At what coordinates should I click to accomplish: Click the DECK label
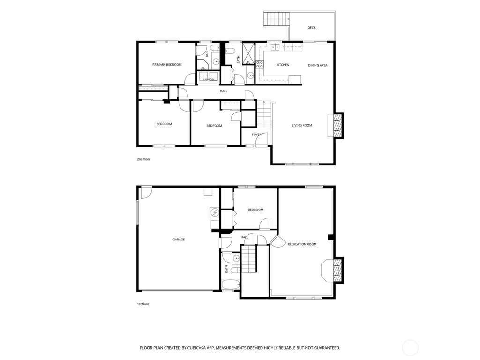click(311, 28)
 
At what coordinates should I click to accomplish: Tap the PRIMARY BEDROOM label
click(167, 65)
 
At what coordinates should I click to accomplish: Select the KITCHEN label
click(283, 65)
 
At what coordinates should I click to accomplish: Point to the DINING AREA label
click(317, 65)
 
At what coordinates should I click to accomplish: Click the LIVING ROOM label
click(302, 125)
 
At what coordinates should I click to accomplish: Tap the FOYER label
click(256, 135)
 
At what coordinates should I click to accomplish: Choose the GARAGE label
click(179, 240)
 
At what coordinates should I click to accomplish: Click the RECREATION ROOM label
click(302, 244)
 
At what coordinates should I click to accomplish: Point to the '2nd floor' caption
click(143, 159)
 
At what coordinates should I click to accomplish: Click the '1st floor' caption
click(143, 304)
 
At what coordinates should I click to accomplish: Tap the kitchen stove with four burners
click(260, 64)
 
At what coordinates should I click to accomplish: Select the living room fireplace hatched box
click(337, 126)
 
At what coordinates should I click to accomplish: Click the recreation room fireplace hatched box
click(337, 270)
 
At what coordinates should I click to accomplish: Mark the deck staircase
click(277, 19)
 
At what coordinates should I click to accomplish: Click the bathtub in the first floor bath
click(231, 285)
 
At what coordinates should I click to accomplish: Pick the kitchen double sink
click(275, 47)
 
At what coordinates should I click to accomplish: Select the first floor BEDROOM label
click(255, 210)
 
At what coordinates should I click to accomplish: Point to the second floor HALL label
click(224, 91)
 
